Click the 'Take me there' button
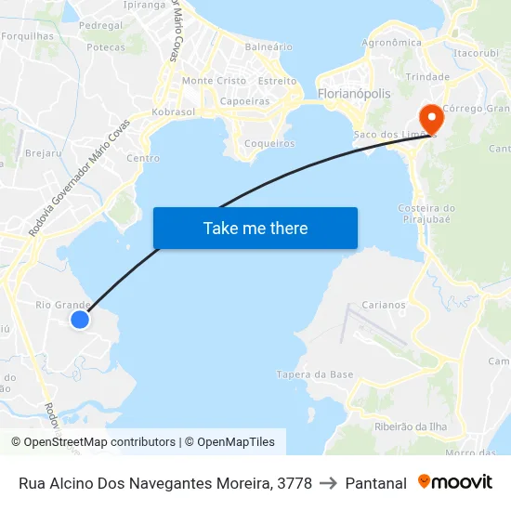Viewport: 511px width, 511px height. click(255, 228)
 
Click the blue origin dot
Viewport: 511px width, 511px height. click(80, 319)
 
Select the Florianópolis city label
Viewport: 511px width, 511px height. click(354, 94)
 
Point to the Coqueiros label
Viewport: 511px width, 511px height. click(269, 143)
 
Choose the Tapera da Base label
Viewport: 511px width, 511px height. click(315, 374)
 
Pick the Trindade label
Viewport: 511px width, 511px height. click(428, 77)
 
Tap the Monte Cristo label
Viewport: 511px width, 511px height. click(214, 81)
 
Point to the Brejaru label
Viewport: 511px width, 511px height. click(44, 152)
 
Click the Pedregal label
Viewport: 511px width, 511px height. click(101, 25)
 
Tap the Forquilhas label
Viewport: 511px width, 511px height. click(27, 36)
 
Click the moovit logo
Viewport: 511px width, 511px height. click(455, 482)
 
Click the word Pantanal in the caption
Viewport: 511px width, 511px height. click(375, 483)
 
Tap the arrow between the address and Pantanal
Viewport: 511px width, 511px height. click(328, 483)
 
